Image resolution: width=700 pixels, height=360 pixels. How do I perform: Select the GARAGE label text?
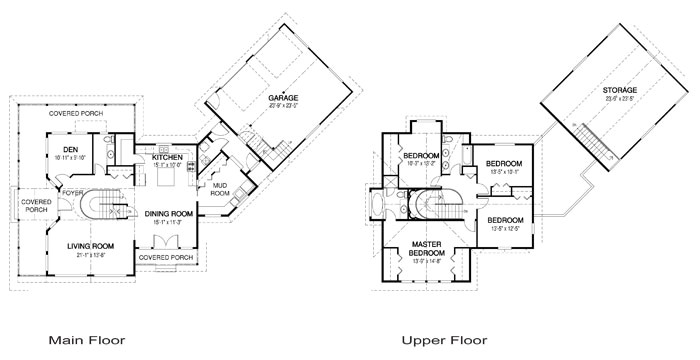[x=283, y=98]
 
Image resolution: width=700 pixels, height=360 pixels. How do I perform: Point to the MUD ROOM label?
[x=220, y=188]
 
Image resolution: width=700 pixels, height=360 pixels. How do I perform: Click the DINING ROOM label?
[x=167, y=213]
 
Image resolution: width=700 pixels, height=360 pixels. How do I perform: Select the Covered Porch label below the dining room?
[x=166, y=257]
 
